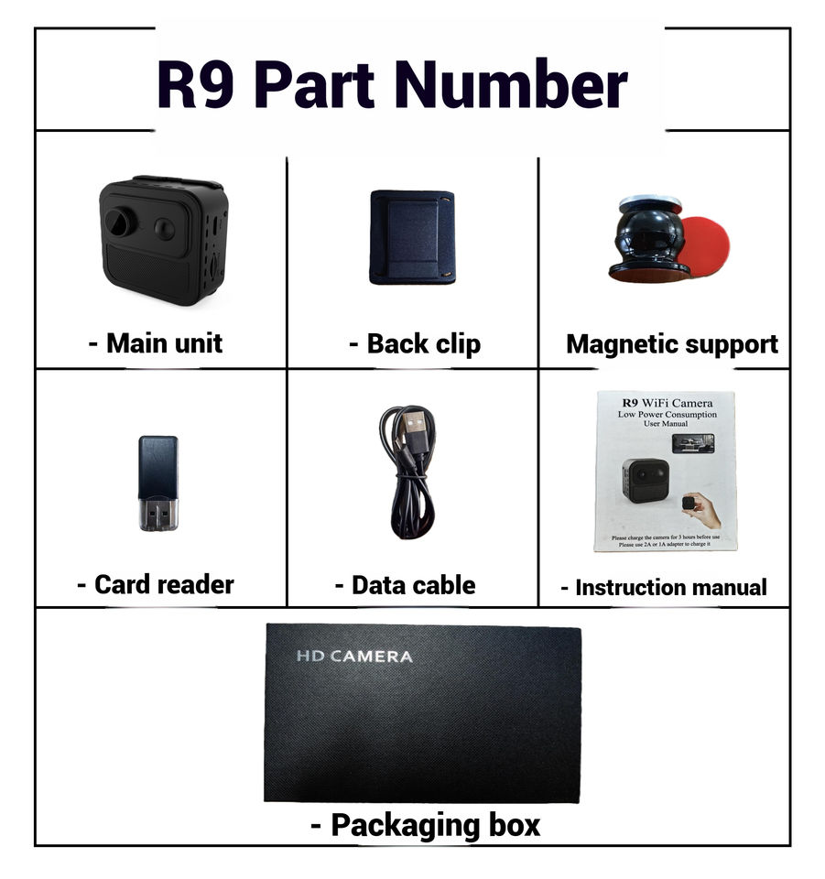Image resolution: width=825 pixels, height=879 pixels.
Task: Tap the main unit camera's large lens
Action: tap(118, 222)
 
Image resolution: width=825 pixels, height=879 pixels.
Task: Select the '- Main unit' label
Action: tap(156, 344)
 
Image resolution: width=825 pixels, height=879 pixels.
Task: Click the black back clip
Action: tap(412, 237)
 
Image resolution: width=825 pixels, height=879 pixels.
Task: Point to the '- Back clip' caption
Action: tap(414, 344)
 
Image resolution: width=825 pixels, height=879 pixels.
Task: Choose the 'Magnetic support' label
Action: tap(672, 344)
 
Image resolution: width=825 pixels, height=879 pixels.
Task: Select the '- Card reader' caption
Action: tap(156, 584)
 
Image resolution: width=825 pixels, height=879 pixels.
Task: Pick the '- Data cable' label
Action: tap(405, 585)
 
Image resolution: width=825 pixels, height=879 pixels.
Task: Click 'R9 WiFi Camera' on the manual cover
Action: tap(667, 402)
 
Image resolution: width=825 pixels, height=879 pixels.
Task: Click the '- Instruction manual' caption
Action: tap(664, 587)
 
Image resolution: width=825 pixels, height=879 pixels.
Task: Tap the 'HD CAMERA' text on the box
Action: tap(354, 657)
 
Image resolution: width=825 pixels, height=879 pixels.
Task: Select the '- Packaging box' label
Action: tap(425, 825)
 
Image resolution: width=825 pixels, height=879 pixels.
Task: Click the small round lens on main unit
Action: tap(165, 228)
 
